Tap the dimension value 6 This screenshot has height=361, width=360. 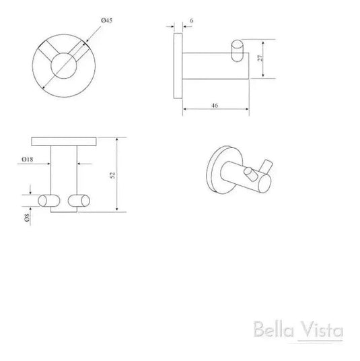point(192,21)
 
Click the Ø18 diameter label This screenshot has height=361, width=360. point(27,159)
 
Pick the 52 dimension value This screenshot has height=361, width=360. point(122,174)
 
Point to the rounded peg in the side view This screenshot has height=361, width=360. point(237,50)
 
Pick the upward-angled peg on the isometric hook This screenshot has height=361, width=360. point(267,168)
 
